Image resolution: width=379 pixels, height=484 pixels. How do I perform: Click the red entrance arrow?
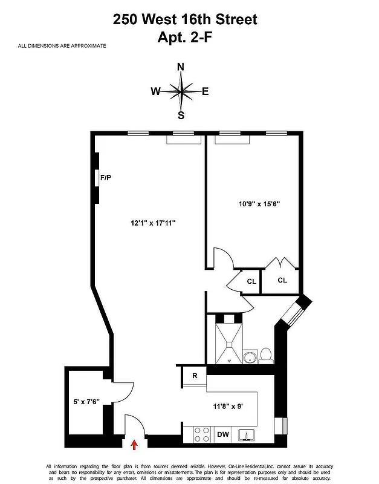click(x=134, y=445)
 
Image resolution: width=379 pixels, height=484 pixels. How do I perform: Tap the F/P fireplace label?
click(x=106, y=177)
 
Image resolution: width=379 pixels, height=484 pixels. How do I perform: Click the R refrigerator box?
click(x=195, y=376)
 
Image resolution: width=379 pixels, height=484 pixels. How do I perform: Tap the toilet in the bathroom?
click(x=265, y=355)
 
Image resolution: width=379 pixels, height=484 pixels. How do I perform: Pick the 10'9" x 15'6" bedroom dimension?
click(x=259, y=204)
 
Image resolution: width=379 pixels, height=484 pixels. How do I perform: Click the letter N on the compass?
click(x=180, y=67)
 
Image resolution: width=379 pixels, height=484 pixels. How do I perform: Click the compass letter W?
click(x=156, y=92)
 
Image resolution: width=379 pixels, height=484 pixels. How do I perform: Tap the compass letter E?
click(x=206, y=92)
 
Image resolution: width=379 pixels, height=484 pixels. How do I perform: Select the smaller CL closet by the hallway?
click(x=251, y=281)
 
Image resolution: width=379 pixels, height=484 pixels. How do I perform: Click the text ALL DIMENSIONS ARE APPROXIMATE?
click(x=62, y=46)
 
